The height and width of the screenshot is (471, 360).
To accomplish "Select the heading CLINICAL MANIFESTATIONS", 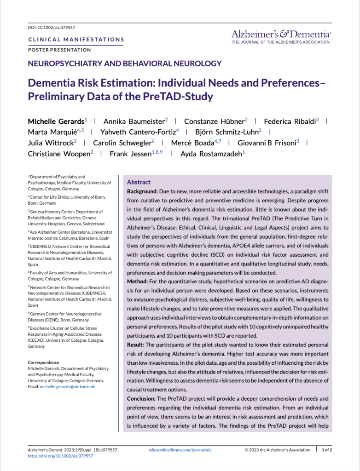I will (x=76, y=40).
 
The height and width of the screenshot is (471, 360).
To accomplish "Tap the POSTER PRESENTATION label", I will (x=59, y=50).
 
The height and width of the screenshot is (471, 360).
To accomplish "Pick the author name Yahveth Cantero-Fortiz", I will (x=139, y=132).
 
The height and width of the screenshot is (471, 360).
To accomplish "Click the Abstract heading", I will (x=139, y=182).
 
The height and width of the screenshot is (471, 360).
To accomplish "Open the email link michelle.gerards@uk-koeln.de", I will (x=69, y=387).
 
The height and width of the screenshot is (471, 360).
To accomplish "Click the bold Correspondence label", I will (x=43, y=362).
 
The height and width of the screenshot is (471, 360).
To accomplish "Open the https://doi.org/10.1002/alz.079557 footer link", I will (x=61, y=456).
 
